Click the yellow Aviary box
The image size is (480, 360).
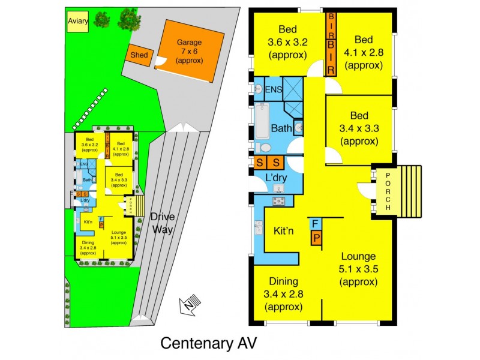pos(77,23)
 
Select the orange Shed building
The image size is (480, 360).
pos(139,56)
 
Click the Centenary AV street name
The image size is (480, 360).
pos(208,343)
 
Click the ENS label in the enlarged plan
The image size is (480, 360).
pos(273,91)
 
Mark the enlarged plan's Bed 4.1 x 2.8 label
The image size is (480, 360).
pos(364,52)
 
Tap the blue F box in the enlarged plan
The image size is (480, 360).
pos(314,224)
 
